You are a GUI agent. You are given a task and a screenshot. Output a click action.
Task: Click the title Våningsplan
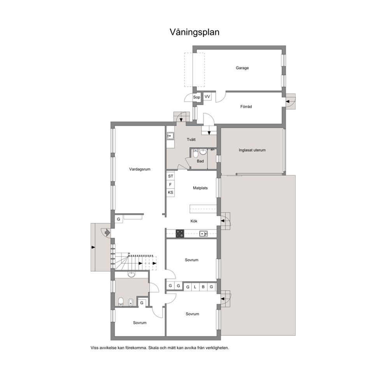(x=195, y=32)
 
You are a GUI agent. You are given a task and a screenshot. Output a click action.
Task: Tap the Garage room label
(x=242, y=68)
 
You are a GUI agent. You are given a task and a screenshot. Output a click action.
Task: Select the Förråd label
(x=246, y=107)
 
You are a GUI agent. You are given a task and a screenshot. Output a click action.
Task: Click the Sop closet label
(x=197, y=97)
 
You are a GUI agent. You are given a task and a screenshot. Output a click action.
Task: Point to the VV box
(x=207, y=96)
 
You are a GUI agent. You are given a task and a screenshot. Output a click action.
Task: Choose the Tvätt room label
(x=191, y=140)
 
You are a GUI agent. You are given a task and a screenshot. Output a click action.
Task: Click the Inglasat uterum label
(x=252, y=150)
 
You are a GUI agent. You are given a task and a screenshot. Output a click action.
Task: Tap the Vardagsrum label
(x=140, y=169)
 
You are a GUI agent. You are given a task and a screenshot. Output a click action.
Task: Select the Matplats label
(x=200, y=188)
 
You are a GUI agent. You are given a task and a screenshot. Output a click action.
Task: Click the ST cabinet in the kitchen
(x=170, y=176)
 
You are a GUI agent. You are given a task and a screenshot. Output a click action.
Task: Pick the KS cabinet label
(x=170, y=193)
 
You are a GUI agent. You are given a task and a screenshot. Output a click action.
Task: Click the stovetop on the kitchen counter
(x=180, y=233)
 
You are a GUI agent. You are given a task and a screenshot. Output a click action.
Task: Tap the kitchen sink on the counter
(x=204, y=233)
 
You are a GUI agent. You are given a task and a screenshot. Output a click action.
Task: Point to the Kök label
(x=194, y=221)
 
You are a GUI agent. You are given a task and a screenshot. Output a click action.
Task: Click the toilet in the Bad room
(x=195, y=154)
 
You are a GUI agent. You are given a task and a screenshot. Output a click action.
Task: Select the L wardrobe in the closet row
(x=195, y=287)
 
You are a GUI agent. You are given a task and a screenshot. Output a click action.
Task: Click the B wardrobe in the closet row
(x=203, y=287)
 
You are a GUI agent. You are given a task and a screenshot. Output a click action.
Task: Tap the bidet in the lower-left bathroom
(x=131, y=302)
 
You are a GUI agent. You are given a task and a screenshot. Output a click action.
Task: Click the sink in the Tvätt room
(x=170, y=136)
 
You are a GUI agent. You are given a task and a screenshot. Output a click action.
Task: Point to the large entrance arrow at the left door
(x=107, y=232)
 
